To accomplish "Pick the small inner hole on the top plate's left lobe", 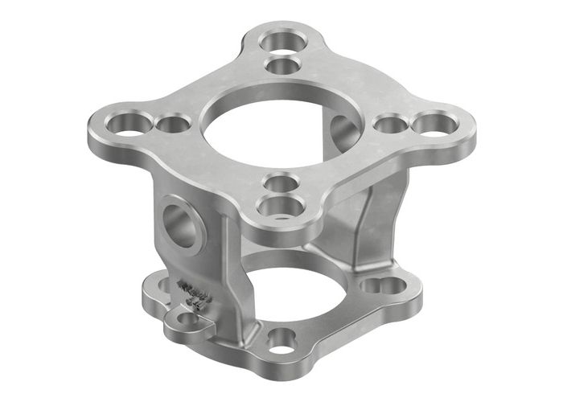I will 172,125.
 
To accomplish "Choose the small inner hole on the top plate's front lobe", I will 277,182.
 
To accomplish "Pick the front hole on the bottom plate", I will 281,340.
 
